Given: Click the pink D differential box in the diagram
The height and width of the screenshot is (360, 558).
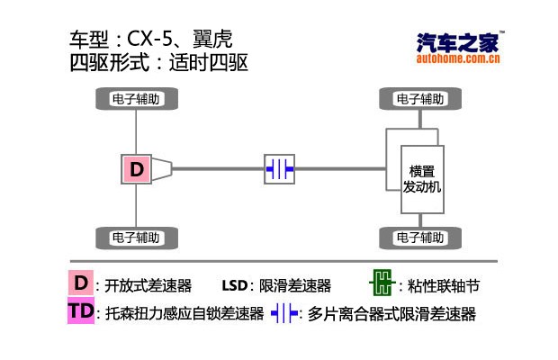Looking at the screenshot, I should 136,168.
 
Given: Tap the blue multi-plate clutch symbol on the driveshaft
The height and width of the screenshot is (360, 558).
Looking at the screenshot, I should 279,168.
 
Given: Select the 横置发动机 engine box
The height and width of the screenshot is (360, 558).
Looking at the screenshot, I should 421,179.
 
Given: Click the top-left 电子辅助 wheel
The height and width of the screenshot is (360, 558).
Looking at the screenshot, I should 136,99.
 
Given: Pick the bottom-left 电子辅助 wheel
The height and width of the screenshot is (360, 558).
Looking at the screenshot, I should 136,238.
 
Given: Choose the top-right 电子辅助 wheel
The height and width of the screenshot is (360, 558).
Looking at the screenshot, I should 421,99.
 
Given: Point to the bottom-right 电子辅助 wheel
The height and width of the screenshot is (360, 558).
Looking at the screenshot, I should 421,238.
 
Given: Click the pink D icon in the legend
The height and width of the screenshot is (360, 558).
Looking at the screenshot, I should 81,283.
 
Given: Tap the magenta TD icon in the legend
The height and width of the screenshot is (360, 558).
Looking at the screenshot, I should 81,312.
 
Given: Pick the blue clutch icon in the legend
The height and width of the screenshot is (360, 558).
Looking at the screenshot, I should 284,314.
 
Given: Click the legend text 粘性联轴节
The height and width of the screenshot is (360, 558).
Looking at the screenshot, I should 444,286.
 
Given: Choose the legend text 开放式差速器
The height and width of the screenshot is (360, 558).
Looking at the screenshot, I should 148,286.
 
